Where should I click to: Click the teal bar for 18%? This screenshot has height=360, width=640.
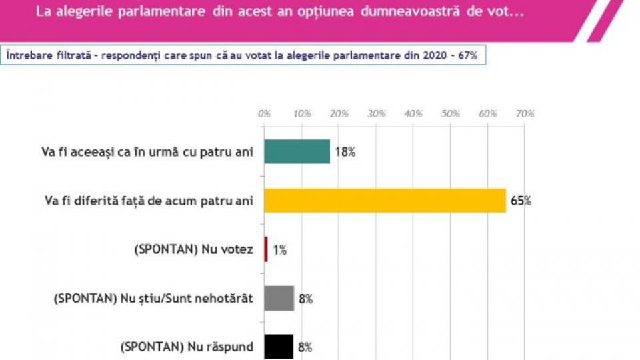[297, 152]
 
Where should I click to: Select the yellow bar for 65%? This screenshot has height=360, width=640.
[385, 201]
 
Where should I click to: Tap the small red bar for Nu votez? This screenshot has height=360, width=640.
[266, 249]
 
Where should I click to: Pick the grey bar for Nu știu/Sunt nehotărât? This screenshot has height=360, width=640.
[279, 298]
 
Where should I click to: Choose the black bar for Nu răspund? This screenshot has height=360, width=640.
[279, 347]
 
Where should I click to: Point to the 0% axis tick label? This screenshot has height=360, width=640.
[264, 114]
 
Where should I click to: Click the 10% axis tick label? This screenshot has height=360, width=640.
[302, 114]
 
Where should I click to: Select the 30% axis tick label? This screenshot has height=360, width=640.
[377, 114]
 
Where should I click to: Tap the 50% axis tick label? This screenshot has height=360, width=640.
[451, 114]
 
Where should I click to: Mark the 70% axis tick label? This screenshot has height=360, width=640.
[525, 114]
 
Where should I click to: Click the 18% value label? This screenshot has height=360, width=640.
[345, 152]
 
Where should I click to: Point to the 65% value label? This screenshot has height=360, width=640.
[521, 201]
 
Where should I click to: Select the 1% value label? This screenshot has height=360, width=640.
[279, 250]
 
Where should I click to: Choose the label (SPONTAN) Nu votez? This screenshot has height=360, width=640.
[194, 249]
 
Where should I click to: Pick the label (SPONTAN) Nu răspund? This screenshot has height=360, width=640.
[187, 347]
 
